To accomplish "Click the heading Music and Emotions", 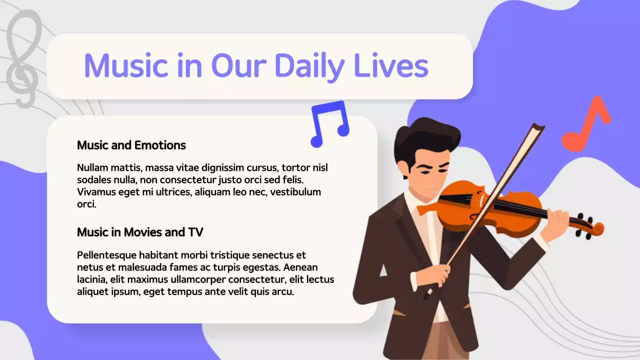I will [131, 145].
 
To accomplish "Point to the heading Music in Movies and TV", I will [140, 232].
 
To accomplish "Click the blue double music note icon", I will [329, 124].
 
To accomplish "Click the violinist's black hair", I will [425, 137].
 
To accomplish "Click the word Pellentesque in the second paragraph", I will [107, 255].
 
